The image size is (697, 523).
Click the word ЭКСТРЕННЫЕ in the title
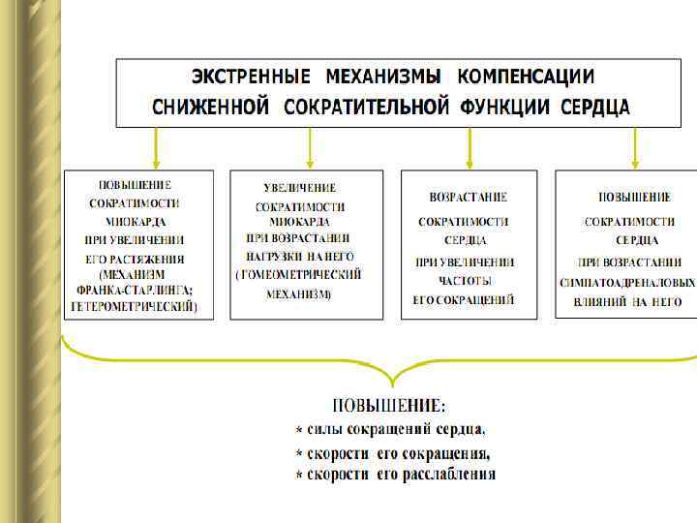251,77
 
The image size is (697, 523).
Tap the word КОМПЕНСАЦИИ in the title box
526,77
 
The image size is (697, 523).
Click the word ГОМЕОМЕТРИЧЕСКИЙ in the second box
299,275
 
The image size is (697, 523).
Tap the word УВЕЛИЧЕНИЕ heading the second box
300,187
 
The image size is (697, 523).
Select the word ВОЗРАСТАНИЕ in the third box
469,197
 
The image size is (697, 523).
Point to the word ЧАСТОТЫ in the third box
467,280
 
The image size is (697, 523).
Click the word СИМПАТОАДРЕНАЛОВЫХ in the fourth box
627,283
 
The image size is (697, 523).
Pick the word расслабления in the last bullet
451,475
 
